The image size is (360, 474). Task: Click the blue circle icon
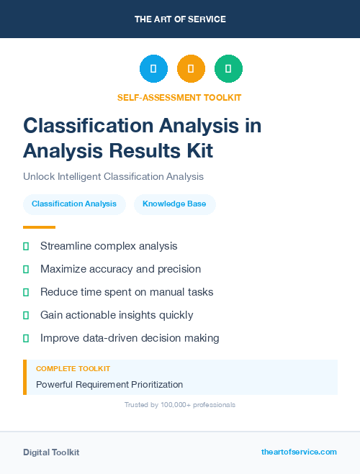pyautogui.click(x=153, y=69)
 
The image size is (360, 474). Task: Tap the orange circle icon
pyautogui.click(x=191, y=69)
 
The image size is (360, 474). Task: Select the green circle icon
pyautogui.click(x=228, y=69)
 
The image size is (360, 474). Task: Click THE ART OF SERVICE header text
pyautogui.click(x=180, y=19)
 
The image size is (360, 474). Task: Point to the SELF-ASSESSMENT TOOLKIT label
pyautogui.click(x=179, y=97)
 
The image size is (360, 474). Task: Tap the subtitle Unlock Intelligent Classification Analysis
pyautogui.click(x=113, y=176)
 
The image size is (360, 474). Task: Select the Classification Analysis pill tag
pyautogui.click(x=74, y=204)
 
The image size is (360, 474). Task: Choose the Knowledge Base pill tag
pyautogui.click(x=174, y=204)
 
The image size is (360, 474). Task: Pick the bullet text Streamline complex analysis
pyautogui.click(x=108, y=246)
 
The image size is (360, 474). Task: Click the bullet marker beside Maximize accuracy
pyautogui.click(x=26, y=269)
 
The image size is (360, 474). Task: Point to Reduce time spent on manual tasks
pyautogui.click(x=127, y=292)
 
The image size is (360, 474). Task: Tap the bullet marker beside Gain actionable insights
pyautogui.click(x=26, y=315)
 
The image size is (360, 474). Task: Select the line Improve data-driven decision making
pyautogui.click(x=130, y=337)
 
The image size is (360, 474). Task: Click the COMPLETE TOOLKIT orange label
pyautogui.click(x=73, y=368)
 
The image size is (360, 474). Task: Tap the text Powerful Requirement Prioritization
pyautogui.click(x=109, y=384)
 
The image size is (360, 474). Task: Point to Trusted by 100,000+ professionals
pyautogui.click(x=179, y=405)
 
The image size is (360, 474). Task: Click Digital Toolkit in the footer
pyautogui.click(x=51, y=452)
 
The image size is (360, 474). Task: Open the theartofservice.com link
pyautogui.click(x=299, y=452)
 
